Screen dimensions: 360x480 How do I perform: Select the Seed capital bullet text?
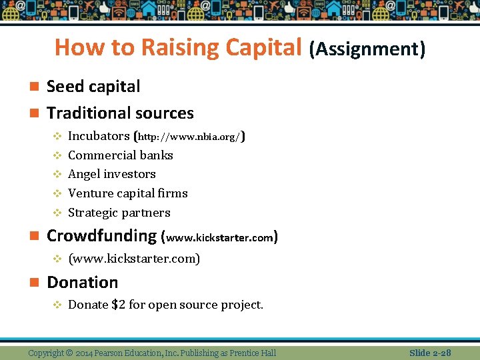(93, 87)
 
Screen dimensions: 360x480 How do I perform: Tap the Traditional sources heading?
(120, 113)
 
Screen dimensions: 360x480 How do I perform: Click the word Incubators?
(99, 136)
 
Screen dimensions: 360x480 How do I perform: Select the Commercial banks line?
(121, 155)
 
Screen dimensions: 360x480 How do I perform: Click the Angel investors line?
(112, 174)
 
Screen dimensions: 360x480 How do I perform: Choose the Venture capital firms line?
(128, 193)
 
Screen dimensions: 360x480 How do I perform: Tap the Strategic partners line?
(119, 213)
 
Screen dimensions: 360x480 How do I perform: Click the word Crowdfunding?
(101, 236)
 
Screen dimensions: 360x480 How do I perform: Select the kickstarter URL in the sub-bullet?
(134, 259)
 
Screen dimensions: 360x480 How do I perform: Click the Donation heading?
(82, 283)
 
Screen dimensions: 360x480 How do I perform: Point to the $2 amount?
(118, 305)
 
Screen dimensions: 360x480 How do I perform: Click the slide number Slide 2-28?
(430, 353)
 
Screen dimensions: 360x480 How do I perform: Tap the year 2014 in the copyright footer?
(85, 353)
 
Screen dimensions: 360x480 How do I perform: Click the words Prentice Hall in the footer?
(253, 353)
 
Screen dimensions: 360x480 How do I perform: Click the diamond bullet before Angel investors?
(57, 175)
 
